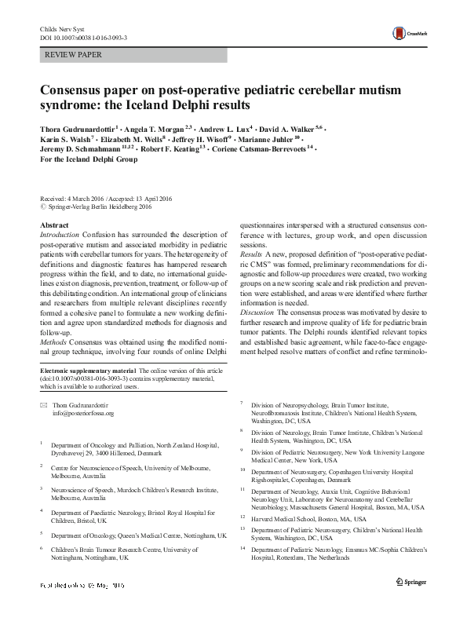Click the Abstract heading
coord(53,225)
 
